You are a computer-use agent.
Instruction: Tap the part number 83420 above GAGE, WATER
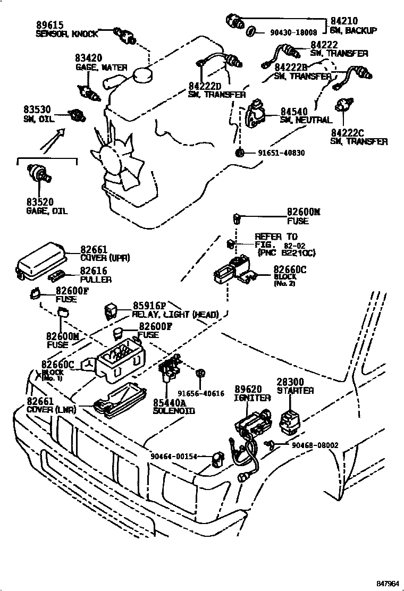[x=88, y=58]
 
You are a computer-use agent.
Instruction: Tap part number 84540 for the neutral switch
[x=294, y=111]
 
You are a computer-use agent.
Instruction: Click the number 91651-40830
[x=282, y=153]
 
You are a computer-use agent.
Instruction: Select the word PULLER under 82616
[x=96, y=279]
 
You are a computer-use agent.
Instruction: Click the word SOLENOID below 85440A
[x=174, y=411]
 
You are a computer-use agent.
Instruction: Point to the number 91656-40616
[x=201, y=393]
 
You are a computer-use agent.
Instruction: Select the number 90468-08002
[x=315, y=445]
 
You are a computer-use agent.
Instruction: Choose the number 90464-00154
[x=174, y=456]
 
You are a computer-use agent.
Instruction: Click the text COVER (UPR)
[x=105, y=258]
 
